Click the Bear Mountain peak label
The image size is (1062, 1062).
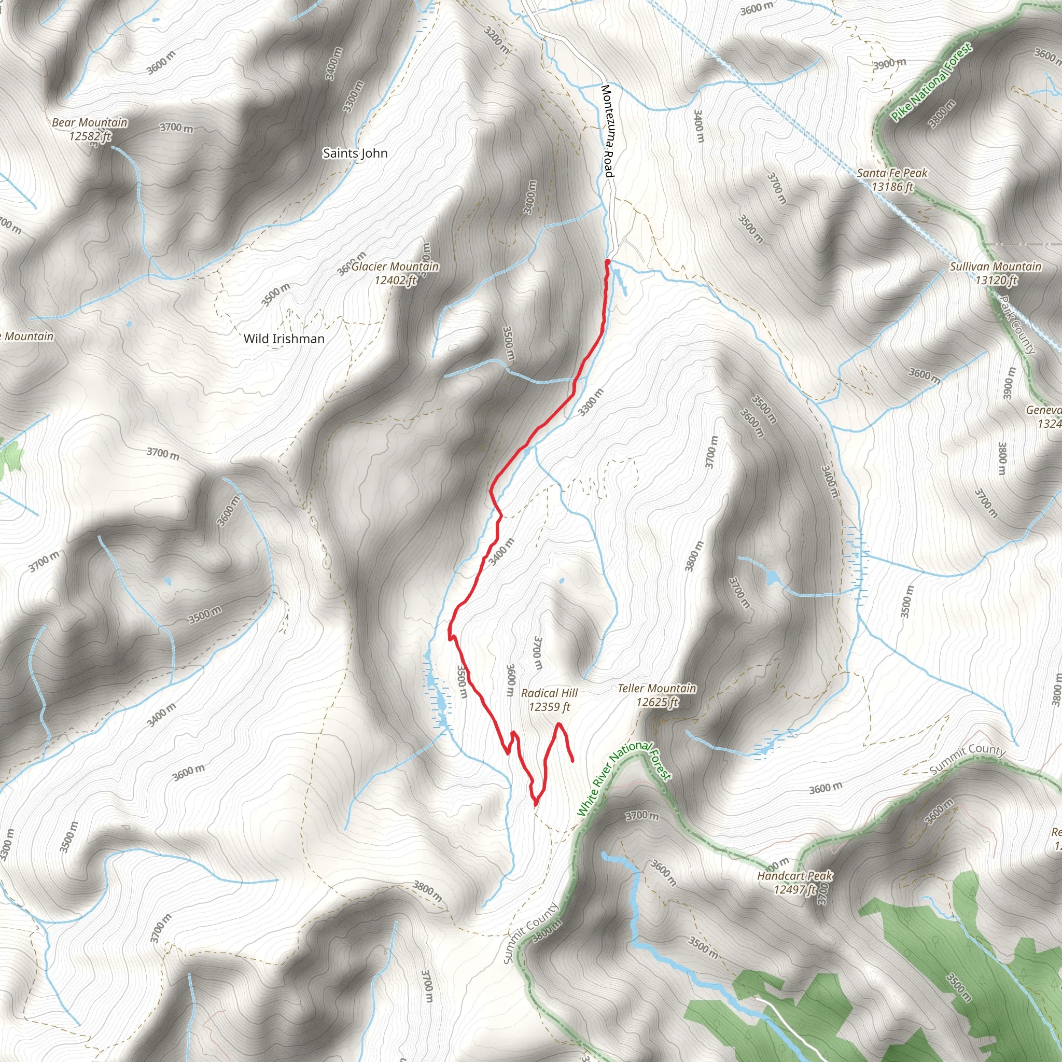pos(90,122)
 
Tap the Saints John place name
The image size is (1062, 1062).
pos(355,153)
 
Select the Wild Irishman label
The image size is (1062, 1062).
pos(284,339)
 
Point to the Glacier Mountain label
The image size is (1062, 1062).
pos(395,267)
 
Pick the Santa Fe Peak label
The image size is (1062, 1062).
pos(891,173)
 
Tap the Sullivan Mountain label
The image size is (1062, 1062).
pos(996,267)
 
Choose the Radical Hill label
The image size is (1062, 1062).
pos(549,693)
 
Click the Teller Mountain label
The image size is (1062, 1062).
pos(656,688)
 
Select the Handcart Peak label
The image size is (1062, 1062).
pos(794,876)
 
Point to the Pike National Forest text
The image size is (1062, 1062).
pos(931,82)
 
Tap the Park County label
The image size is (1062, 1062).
pos(1017,325)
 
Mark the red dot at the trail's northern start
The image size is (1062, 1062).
pos(607,262)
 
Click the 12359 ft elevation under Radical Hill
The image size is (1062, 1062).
pos(549,707)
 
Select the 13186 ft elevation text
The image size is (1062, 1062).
pos(891,187)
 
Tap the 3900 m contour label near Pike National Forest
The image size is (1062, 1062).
pos(889,64)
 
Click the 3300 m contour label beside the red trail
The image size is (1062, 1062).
pos(591,402)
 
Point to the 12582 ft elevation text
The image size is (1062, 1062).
pos(90,136)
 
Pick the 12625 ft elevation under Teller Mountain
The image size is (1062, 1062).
pos(656,702)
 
